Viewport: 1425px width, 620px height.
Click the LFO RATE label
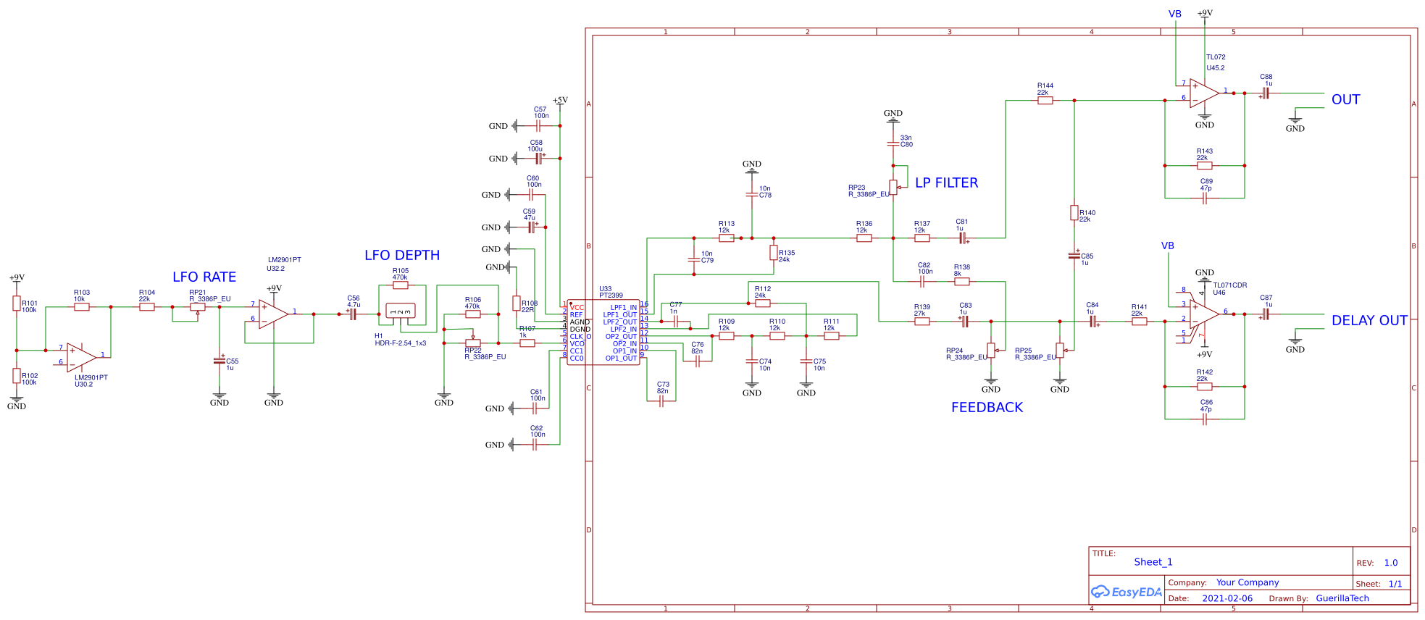(204, 277)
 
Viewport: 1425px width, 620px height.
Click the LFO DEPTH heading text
(402, 256)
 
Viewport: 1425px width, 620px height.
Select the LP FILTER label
(946, 183)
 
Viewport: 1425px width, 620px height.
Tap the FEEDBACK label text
(987, 408)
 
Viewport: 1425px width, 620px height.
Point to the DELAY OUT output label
(1368, 321)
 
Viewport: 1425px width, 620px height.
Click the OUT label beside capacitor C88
(1345, 100)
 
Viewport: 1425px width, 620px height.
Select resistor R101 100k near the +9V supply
(16, 303)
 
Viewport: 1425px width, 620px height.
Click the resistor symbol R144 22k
(1045, 101)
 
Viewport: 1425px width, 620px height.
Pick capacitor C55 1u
(220, 360)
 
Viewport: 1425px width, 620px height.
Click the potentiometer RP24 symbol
(991, 351)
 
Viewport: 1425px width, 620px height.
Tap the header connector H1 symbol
(400, 312)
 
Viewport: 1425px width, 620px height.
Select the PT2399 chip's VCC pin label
(577, 308)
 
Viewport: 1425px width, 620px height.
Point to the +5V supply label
(560, 101)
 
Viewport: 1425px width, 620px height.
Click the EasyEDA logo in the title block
(1126, 592)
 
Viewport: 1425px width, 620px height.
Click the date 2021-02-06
(1227, 598)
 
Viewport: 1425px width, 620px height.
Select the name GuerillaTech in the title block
(1342, 598)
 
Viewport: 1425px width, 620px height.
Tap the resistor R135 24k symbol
(774, 253)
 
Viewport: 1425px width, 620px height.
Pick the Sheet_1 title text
(1153, 562)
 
